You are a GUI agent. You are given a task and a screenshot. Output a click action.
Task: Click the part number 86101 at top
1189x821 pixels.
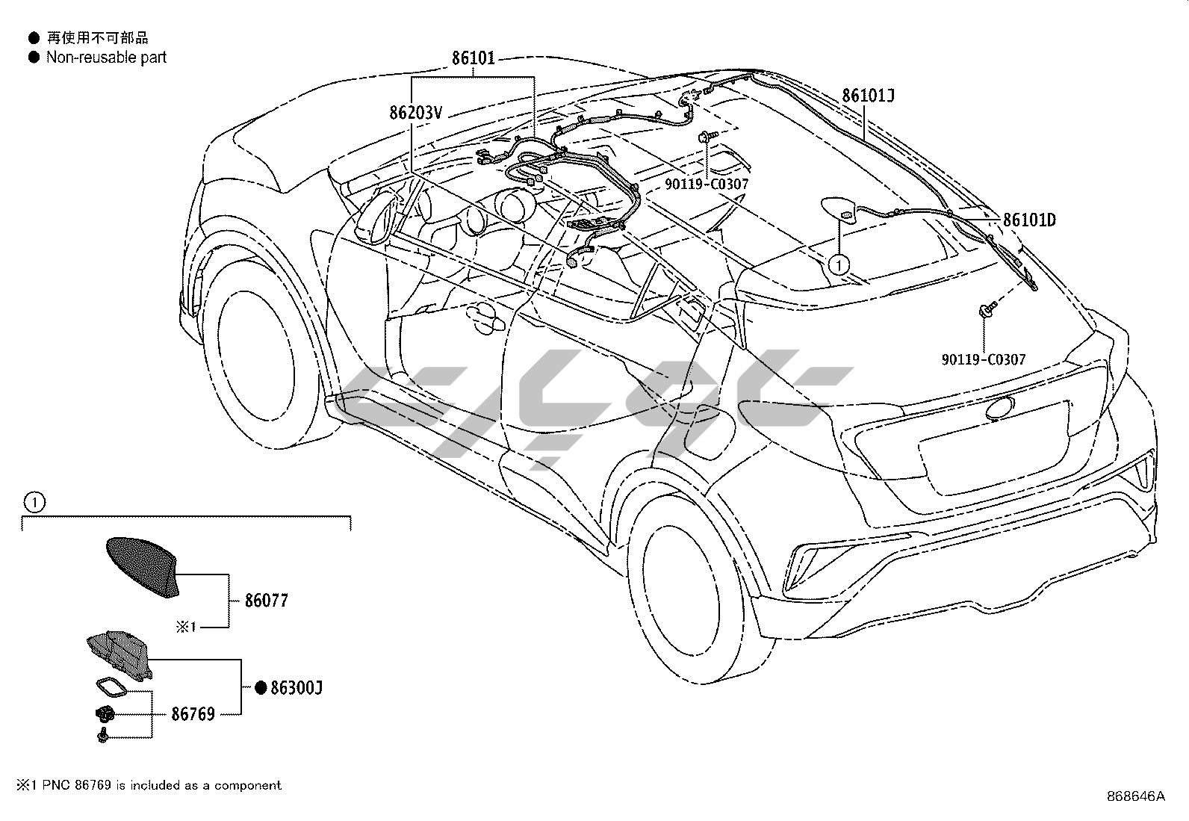coord(473,58)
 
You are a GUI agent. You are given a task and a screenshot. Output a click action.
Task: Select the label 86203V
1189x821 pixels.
coord(416,114)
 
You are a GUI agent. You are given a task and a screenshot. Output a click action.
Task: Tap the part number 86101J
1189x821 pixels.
coord(868,96)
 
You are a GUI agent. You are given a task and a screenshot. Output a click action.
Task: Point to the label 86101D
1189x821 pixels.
coord(1028,220)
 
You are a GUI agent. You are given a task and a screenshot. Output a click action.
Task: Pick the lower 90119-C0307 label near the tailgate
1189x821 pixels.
coord(983,359)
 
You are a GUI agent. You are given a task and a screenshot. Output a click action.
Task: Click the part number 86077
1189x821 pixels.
coord(266,601)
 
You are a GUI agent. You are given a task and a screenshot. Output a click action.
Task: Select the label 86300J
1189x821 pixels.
coord(296,688)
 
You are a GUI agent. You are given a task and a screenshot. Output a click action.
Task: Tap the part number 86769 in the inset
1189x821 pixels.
coord(193,714)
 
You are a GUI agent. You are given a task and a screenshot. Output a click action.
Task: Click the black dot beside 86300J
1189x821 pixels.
coord(261,688)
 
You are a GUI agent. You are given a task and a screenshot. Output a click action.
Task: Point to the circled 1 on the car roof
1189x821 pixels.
coord(839,264)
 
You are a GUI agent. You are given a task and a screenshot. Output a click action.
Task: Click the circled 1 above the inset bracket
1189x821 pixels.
coord(34,503)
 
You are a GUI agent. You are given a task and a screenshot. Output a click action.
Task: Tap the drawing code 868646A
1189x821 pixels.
coord(1136,796)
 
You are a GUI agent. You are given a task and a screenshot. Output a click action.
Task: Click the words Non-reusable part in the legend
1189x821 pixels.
coord(106,58)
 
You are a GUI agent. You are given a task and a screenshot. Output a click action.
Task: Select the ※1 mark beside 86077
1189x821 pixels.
coord(186,628)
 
